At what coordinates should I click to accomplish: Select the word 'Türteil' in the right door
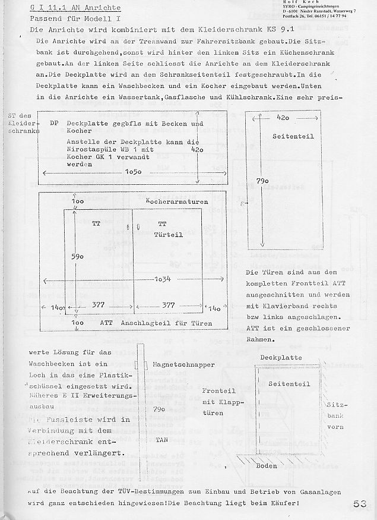tap(169, 235)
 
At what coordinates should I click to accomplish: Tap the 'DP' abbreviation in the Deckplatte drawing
tap(53, 124)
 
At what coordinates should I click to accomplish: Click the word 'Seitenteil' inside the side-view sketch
tap(289, 384)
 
